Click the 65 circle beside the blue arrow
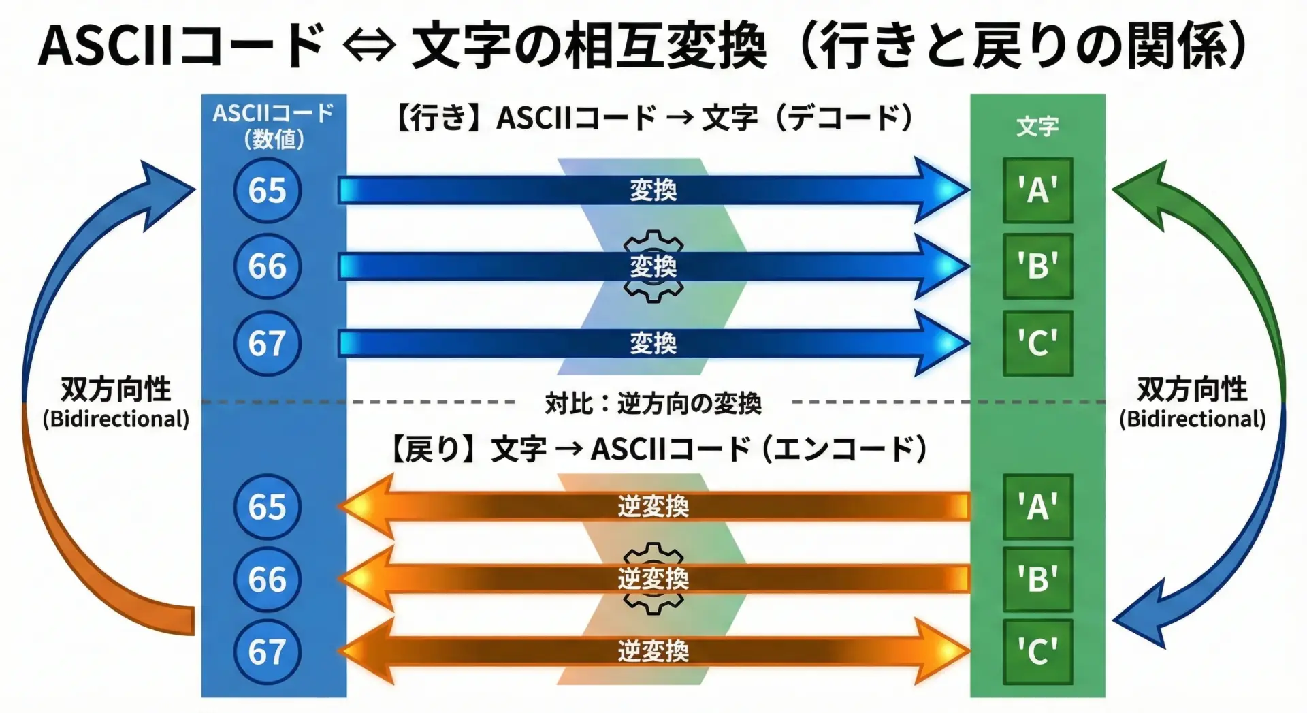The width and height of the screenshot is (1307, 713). (x=267, y=190)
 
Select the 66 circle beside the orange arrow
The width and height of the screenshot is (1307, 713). (x=267, y=580)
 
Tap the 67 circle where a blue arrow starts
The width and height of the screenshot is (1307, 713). (x=267, y=343)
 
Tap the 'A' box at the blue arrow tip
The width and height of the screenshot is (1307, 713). (x=1037, y=190)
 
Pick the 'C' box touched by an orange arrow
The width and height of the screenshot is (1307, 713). (x=1037, y=652)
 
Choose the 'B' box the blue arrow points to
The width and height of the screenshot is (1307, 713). (x=1037, y=266)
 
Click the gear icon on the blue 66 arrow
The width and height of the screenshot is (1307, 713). (x=653, y=266)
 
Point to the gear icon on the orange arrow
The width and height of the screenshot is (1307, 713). (x=653, y=579)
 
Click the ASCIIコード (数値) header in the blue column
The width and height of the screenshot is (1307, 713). (x=274, y=126)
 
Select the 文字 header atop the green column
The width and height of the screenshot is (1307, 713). (x=1037, y=126)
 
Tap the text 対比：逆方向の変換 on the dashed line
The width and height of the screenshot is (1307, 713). (x=653, y=404)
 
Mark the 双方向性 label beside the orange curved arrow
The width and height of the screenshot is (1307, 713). (x=116, y=390)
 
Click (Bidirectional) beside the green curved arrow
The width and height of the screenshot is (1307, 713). (x=1193, y=419)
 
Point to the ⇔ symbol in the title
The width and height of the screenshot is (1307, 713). (x=369, y=46)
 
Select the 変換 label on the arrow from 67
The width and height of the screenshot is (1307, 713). (x=653, y=343)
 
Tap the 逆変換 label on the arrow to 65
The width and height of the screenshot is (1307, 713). (x=653, y=507)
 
